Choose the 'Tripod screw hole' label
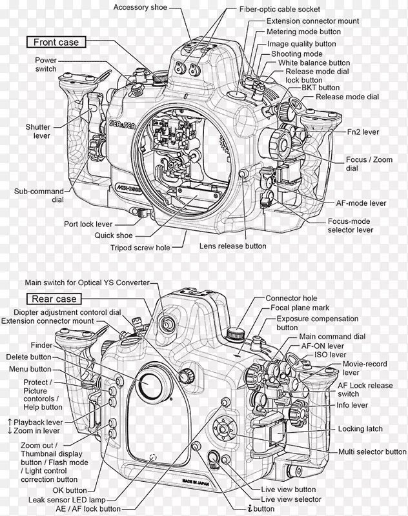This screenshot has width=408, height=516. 149,246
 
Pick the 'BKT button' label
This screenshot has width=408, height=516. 320,87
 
